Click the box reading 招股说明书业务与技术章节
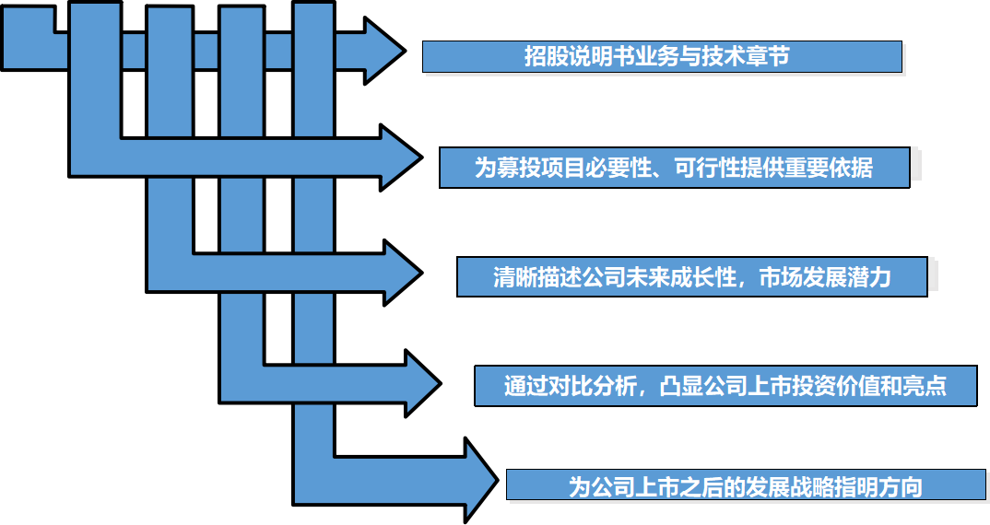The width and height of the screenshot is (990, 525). pyautogui.click(x=662, y=57)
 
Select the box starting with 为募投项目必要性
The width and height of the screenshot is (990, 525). pyautogui.click(x=675, y=168)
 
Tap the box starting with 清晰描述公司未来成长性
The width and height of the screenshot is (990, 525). pyautogui.click(x=692, y=277)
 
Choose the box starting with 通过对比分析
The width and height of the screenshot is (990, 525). pyautogui.click(x=725, y=386)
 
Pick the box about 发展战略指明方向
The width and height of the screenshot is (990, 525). pyautogui.click(x=746, y=485)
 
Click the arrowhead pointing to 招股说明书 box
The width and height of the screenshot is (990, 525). pyautogui.click(x=384, y=51)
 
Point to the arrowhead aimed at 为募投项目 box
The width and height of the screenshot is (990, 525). pyautogui.click(x=401, y=157)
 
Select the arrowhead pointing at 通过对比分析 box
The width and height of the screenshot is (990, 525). pyautogui.click(x=423, y=384)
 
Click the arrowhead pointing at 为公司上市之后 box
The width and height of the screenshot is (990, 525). pyautogui.click(x=481, y=481)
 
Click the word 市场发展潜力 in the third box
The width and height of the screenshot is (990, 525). pyautogui.click(x=825, y=277)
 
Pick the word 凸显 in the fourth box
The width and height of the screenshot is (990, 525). pyautogui.click(x=681, y=386)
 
